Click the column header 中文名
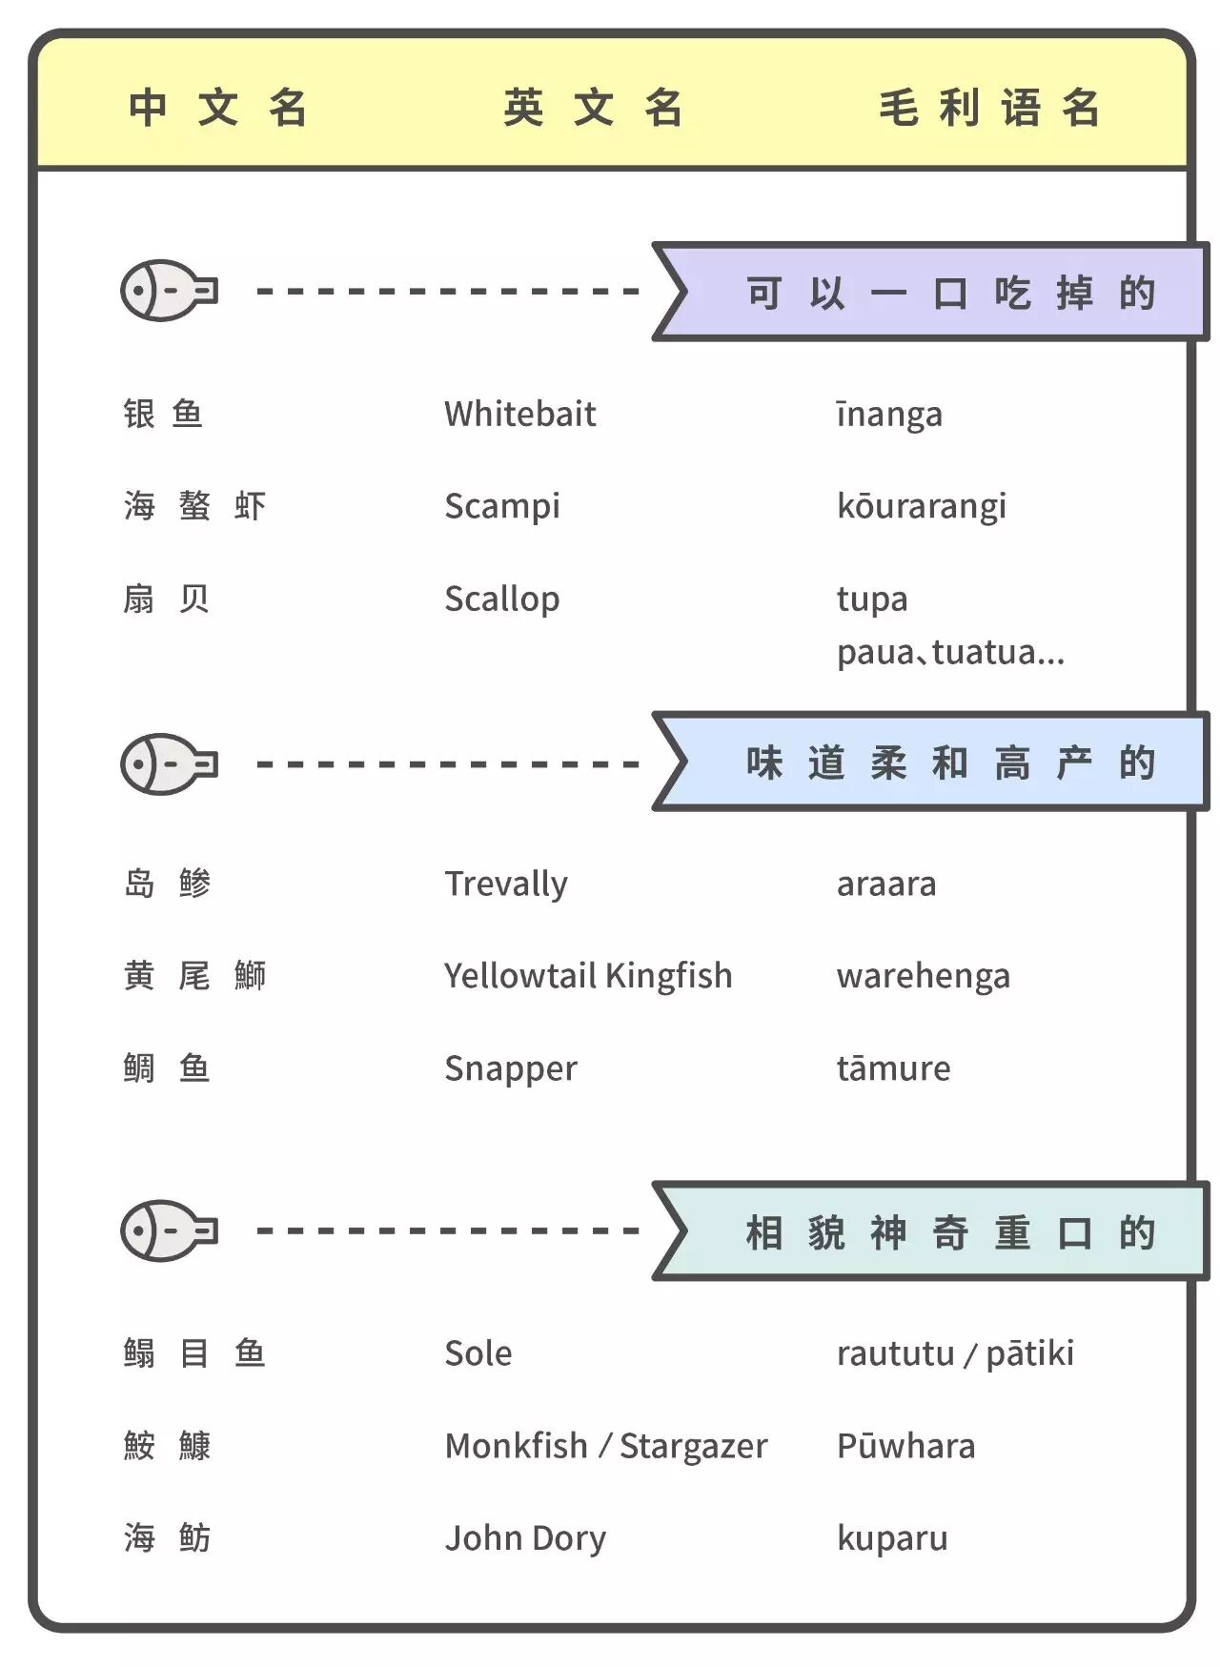pyautogui.click(x=218, y=107)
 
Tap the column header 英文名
pyautogui.click(x=593, y=107)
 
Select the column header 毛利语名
pyautogui.click(x=989, y=107)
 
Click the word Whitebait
pyautogui.click(x=519, y=414)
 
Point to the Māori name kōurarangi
pyautogui.click(x=921, y=506)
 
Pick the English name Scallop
pyautogui.click(x=501, y=599)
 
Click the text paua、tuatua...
pyautogui.click(x=950, y=653)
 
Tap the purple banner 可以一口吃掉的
pyautogui.click(x=949, y=293)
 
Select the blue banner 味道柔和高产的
pyautogui.click(x=949, y=762)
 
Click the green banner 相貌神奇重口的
pyautogui.click(x=949, y=1232)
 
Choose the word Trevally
pyautogui.click(x=505, y=884)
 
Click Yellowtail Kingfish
pyautogui.click(x=588, y=976)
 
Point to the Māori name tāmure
pyautogui.click(x=893, y=1068)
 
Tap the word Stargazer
pyautogui.click(x=693, y=1446)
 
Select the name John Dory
pyautogui.click(x=525, y=1538)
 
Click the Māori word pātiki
pyautogui.click(x=1029, y=1353)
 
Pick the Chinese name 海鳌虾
pyautogui.click(x=194, y=505)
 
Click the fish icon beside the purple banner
pyautogui.click(x=169, y=290)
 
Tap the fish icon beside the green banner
pyautogui.click(x=169, y=1230)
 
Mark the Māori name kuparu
pyautogui.click(x=892, y=1538)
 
